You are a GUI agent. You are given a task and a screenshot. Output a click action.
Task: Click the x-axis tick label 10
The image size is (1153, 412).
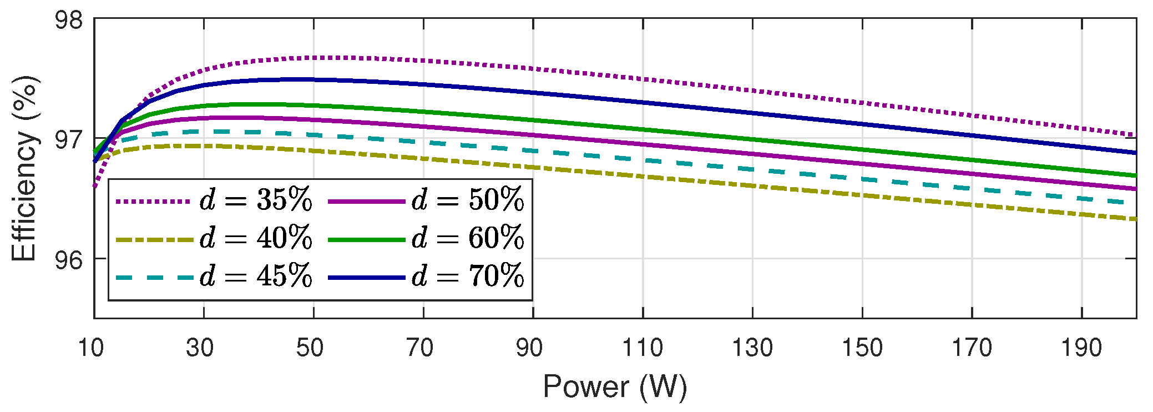(90, 348)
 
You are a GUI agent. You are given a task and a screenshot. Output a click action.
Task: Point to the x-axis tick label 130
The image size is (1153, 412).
(752, 348)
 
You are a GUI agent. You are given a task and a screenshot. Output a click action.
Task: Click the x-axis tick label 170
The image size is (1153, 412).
(972, 348)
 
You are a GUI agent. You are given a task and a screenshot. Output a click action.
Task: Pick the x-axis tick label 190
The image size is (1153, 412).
(1081, 348)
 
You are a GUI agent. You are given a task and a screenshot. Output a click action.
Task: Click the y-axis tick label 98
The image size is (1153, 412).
(68, 21)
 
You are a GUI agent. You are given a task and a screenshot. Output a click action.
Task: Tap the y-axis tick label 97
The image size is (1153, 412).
(68, 139)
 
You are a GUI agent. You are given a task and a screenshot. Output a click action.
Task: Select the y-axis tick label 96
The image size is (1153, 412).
(68, 259)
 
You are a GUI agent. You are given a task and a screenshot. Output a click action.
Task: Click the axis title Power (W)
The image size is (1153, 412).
(615, 387)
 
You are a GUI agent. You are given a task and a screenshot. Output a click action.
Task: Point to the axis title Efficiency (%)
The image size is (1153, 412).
(24, 168)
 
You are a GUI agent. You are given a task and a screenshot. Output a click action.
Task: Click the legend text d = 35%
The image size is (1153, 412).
(256, 200)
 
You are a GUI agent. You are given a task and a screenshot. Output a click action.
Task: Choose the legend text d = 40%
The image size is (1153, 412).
(256, 238)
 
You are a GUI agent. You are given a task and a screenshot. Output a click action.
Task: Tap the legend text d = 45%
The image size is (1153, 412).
(256, 276)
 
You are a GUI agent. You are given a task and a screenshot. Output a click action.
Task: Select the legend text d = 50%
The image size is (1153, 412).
(468, 200)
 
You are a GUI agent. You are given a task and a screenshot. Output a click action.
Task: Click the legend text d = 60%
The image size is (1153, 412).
(468, 238)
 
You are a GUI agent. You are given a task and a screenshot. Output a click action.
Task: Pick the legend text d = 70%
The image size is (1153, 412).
(468, 276)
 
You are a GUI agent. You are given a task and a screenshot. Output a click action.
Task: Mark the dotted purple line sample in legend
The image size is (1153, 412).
(154, 202)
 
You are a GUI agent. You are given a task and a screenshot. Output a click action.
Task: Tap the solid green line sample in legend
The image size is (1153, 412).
(366, 240)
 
